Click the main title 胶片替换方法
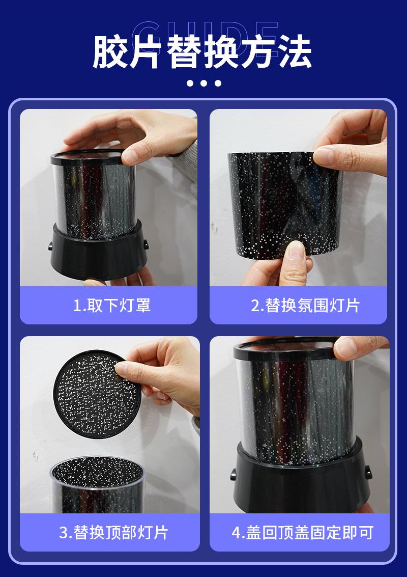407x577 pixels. pos(202,51)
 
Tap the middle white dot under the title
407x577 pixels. pos(203,83)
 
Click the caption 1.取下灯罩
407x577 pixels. pos(112,306)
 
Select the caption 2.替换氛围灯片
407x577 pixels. pos(305,306)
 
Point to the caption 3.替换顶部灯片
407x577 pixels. pos(113,533)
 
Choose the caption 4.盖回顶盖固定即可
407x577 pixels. pos(303,533)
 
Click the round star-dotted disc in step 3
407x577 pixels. pos(98,395)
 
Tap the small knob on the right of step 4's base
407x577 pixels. pos(368,473)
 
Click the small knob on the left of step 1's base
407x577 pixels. pos(50,245)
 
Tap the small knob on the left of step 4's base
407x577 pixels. pos(234,474)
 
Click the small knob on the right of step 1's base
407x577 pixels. pos(146,245)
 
